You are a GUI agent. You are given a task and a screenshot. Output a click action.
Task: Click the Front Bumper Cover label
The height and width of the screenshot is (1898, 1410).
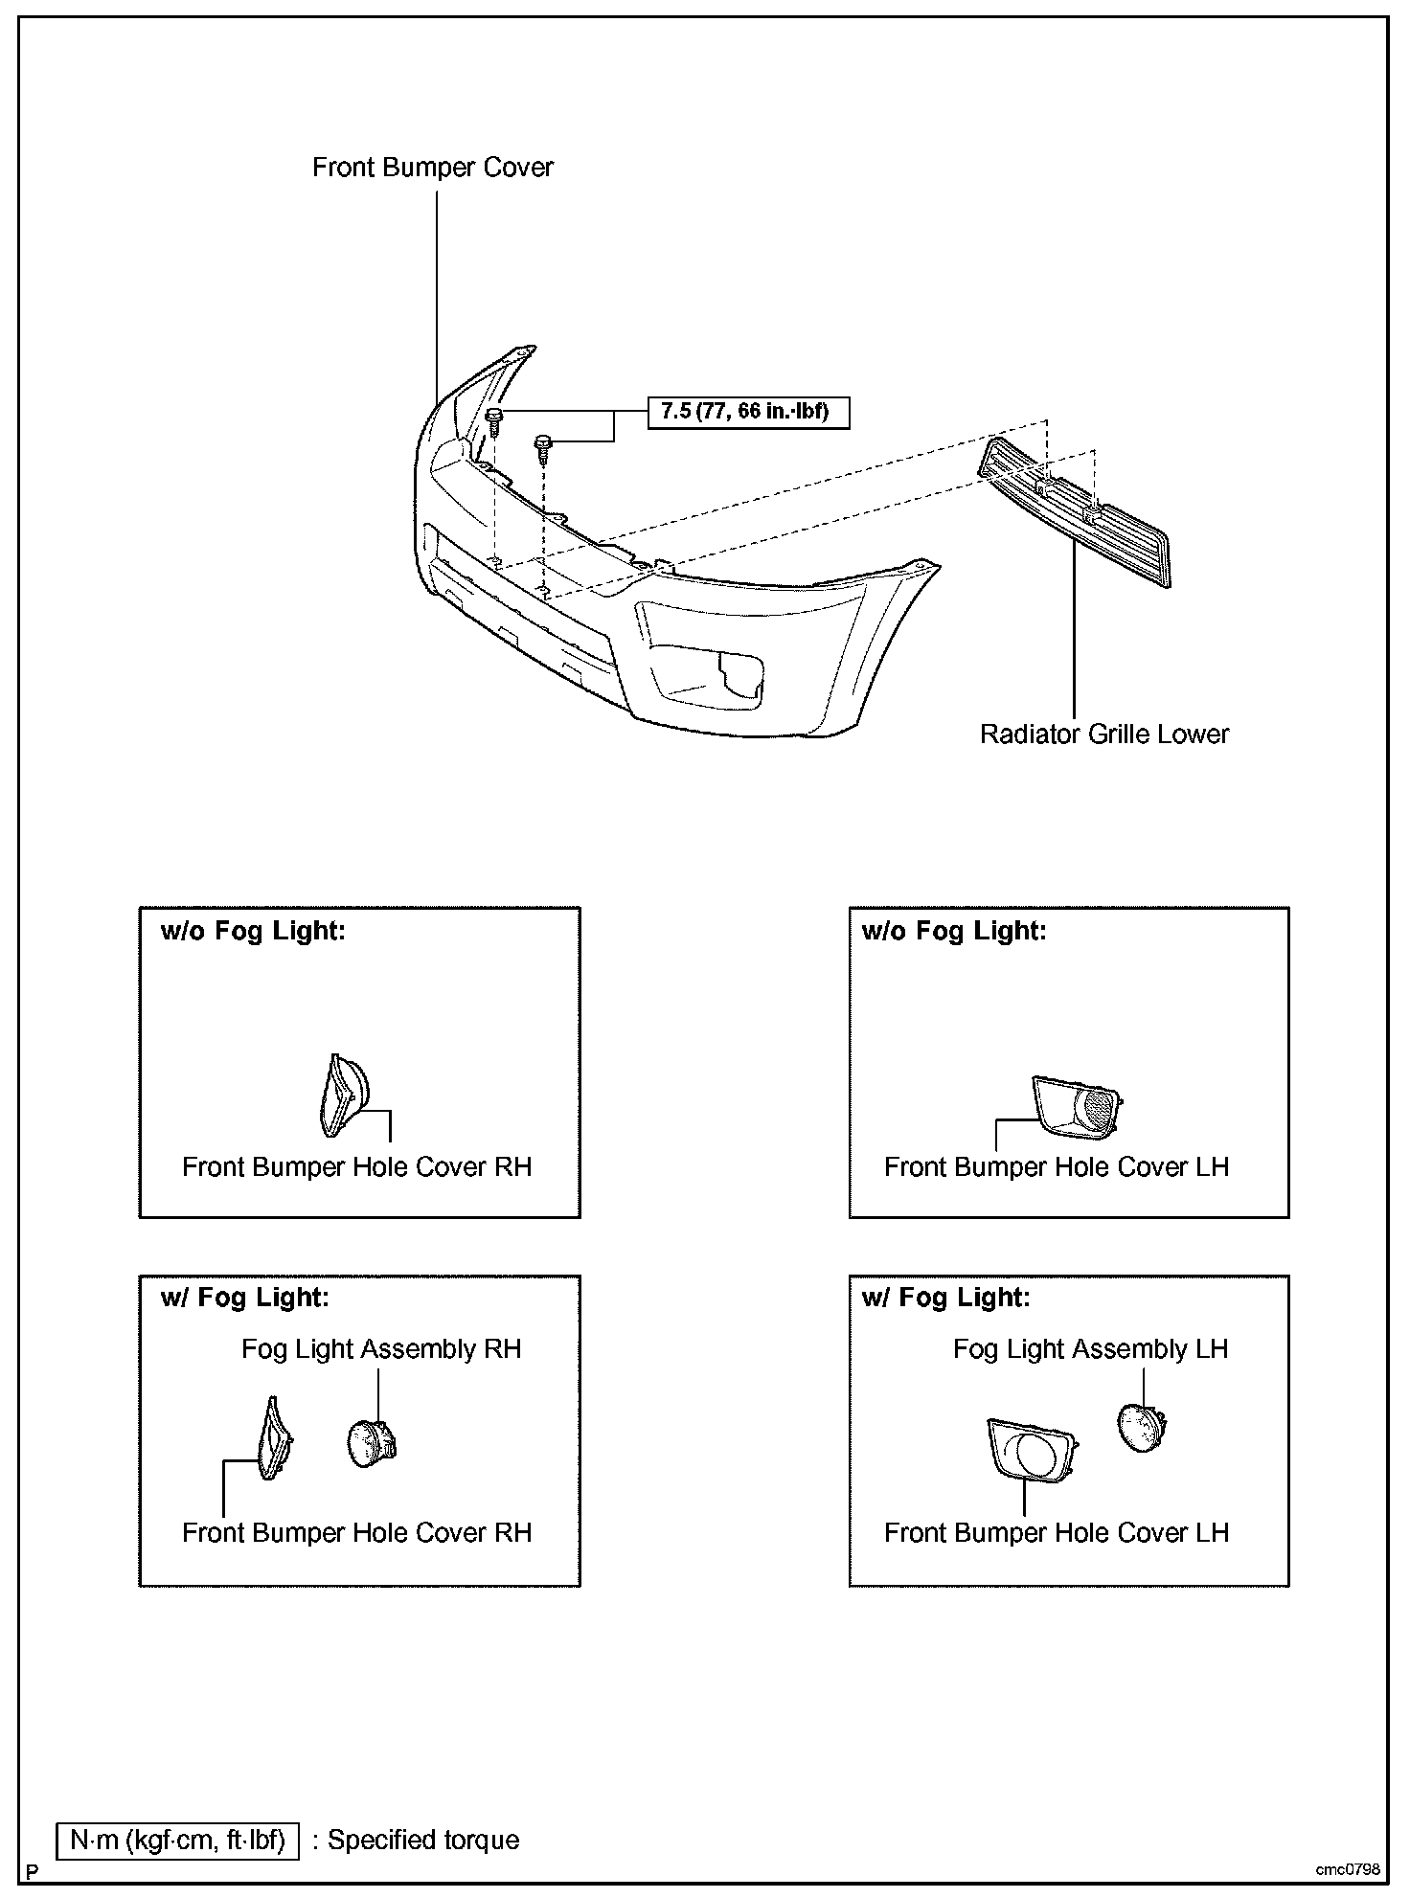433,168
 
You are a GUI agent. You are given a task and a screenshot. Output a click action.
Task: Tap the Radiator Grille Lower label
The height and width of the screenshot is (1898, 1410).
1103,734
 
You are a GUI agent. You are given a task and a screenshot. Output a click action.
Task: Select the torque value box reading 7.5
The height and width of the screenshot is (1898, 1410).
748,413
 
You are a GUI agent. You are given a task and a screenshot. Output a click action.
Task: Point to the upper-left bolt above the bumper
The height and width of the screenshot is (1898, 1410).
494,418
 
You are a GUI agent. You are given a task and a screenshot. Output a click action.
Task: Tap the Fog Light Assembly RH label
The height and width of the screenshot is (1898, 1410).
381,1349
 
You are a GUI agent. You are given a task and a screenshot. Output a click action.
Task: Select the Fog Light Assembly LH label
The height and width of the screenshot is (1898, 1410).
1090,1349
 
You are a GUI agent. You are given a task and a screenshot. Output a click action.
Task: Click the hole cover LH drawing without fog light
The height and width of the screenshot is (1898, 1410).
1077,1106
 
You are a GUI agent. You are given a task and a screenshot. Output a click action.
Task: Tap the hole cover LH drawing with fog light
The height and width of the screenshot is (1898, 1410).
1031,1451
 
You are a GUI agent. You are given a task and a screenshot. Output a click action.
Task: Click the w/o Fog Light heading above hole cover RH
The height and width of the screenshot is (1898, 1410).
253,931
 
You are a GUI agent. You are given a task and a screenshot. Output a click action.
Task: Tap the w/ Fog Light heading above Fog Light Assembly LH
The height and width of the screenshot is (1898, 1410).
946,1298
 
